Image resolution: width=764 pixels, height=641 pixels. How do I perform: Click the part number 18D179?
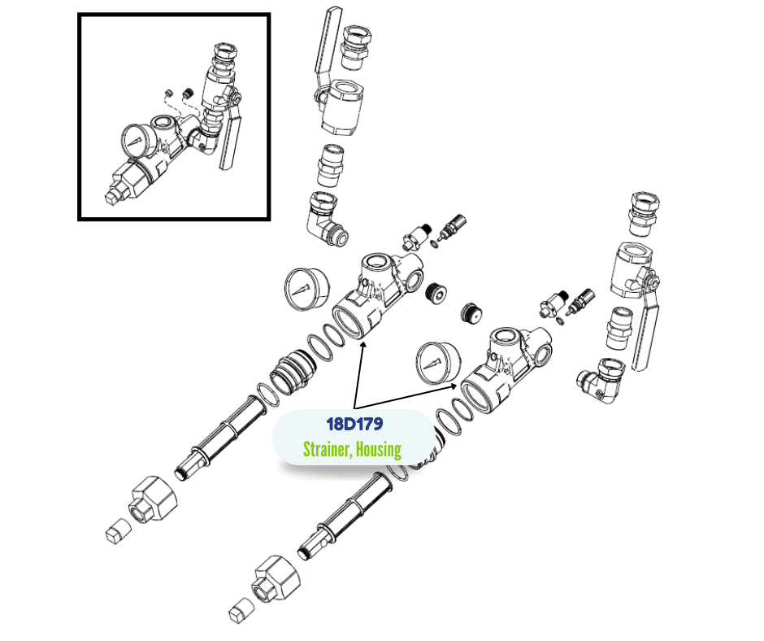[x=354, y=424]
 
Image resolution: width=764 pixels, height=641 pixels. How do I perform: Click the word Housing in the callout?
[x=379, y=449]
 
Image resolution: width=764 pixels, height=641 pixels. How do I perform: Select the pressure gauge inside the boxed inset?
[x=139, y=142]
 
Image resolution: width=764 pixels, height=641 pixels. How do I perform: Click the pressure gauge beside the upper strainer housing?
[x=306, y=289]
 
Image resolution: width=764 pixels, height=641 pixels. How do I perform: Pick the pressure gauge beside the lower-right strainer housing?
[x=438, y=364]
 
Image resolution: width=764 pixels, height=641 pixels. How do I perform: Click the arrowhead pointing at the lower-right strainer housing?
[x=454, y=386]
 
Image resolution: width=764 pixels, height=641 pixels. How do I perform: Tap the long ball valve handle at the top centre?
[x=325, y=46]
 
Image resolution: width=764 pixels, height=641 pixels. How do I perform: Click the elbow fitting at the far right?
[x=601, y=381]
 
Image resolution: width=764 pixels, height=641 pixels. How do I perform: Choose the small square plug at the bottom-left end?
[x=119, y=530]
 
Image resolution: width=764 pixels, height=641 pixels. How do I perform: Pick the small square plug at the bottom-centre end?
[x=241, y=610]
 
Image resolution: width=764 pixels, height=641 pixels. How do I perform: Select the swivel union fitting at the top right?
[x=645, y=215]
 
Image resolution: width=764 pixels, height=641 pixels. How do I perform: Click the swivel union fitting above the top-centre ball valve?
[x=357, y=48]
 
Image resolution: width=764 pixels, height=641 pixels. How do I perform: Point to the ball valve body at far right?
[x=633, y=271]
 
